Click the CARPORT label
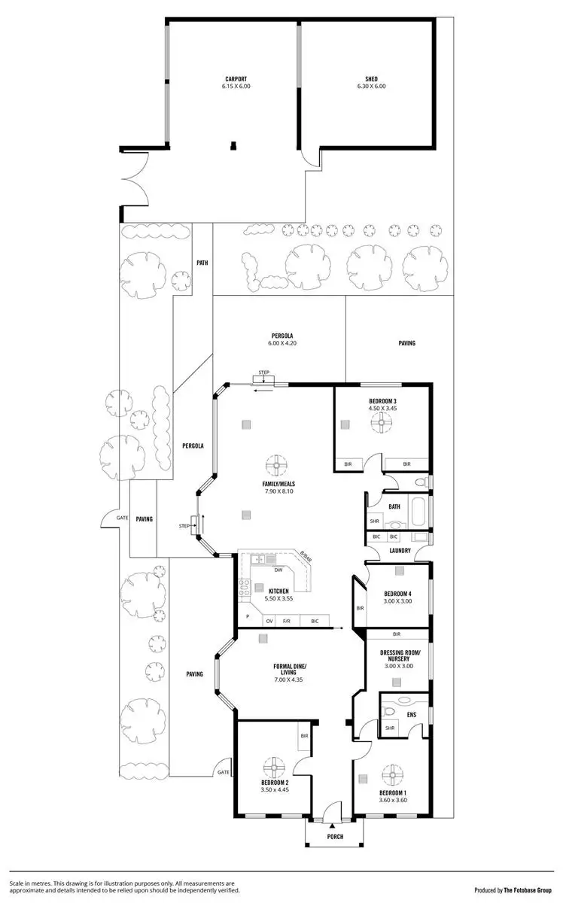(x=236, y=78)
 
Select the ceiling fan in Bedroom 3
(x=382, y=425)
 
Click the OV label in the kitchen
(x=269, y=621)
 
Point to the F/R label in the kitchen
(x=287, y=621)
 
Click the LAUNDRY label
(x=400, y=551)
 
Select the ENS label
(x=411, y=715)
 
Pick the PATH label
(x=202, y=263)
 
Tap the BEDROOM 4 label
(x=397, y=592)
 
